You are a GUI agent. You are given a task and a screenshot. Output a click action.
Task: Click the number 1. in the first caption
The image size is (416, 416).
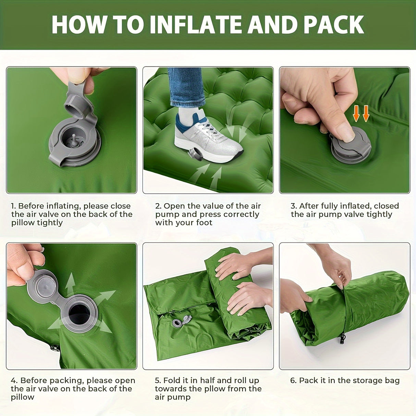(14, 206)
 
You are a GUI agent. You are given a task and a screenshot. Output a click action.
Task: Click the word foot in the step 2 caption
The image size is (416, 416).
(204, 223)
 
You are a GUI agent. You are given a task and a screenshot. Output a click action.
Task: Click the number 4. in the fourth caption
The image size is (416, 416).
(14, 380)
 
